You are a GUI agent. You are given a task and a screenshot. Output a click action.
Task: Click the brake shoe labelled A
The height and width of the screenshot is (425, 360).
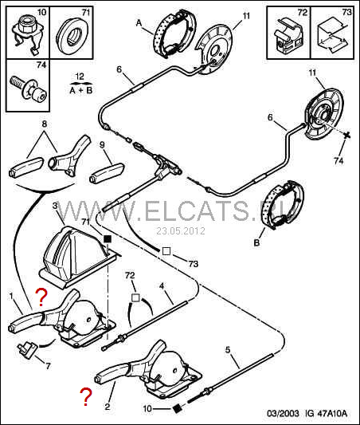pos(175,33)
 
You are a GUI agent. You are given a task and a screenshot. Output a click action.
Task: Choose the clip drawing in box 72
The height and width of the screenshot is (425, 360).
pos(289,36)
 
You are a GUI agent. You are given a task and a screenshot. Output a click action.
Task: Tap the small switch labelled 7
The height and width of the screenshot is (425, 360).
pos(26,349)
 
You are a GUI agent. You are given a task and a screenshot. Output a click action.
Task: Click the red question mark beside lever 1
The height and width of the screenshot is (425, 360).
pos(41,297)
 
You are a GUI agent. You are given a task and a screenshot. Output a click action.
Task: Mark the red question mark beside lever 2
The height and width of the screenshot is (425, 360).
pos(86,396)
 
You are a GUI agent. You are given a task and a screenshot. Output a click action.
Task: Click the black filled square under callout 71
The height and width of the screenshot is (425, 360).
pos(108,239)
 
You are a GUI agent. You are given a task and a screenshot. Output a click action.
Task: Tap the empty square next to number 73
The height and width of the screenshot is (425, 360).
pos(166,251)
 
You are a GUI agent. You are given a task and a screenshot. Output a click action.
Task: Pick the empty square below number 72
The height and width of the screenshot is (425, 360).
pos(135,298)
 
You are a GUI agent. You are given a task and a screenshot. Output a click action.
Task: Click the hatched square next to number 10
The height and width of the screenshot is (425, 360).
pos(177,407)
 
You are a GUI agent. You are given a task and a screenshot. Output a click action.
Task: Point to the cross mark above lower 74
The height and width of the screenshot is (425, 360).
pos(346,136)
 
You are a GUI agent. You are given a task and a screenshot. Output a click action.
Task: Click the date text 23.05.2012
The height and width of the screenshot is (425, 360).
pos(181,231)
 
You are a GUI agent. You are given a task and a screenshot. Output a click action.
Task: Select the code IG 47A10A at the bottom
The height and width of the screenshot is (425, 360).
pos(326,414)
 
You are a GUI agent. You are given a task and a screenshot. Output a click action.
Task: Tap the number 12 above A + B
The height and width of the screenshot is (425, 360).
pos(80,77)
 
